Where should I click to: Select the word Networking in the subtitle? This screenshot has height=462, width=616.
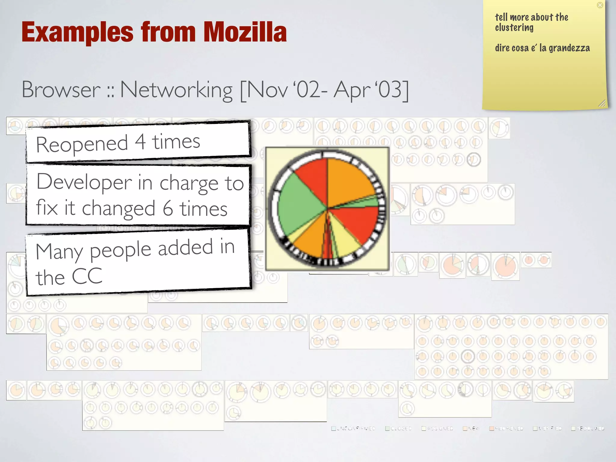pyautogui.click(x=176, y=90)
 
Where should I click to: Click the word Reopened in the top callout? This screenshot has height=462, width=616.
pyautogui.click(x=82, y=144)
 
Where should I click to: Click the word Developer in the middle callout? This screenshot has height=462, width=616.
pyautogui.click(x=84, y=182)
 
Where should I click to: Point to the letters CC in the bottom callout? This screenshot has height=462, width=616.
pyautogui.click(x=87, y=276)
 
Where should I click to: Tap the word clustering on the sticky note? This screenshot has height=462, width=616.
pyautogui.click(x=514, y=28)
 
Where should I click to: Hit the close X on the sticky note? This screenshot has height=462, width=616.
pyautogui.click(x=600, y=5)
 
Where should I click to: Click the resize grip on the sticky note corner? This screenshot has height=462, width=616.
pyautogui.click(x=602, y=103)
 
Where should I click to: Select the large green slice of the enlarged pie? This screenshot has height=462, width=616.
pyautogui.click(x=298, y=205)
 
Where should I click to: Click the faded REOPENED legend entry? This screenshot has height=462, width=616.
pyautogui.click(x=506, y=428)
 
